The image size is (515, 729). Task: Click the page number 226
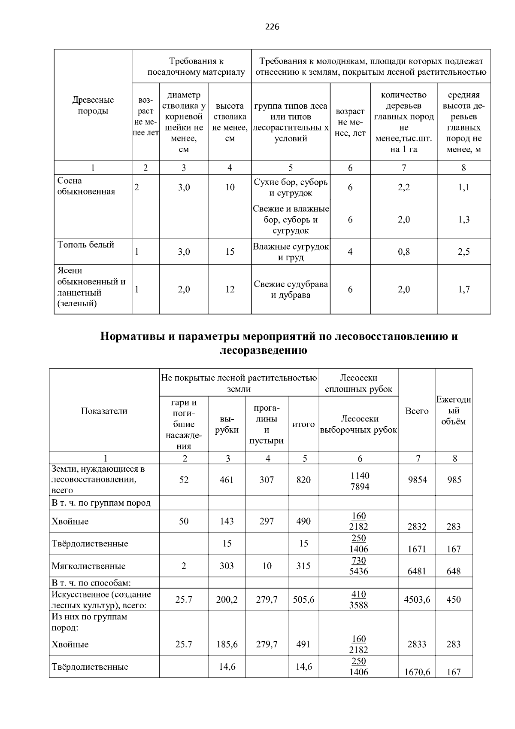pos(272,27)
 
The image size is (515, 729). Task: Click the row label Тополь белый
pos(86,245)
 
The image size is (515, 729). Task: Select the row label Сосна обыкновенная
pos(86,186)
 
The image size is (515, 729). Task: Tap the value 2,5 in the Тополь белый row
pos(463,252)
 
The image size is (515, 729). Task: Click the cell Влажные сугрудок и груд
pos(291,252)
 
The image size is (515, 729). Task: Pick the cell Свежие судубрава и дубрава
pos(291,290)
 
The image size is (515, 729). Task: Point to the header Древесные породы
pos(93,105)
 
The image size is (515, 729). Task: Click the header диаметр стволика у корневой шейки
pos(184,122)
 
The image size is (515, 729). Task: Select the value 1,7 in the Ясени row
pos(463,290)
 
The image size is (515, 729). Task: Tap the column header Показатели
pos(104,411)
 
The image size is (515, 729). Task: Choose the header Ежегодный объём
pos(454,411)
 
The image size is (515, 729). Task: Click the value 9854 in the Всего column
pos(417,480)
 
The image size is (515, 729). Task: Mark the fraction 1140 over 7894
pos(359,481)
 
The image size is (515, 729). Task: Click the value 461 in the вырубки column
pos(227,480)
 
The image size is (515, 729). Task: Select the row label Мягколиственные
pos(89,566)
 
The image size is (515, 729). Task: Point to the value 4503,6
pos(417,600)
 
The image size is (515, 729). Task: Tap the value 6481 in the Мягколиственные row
pos(417,571)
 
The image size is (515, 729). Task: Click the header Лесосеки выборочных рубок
pos(359,424)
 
